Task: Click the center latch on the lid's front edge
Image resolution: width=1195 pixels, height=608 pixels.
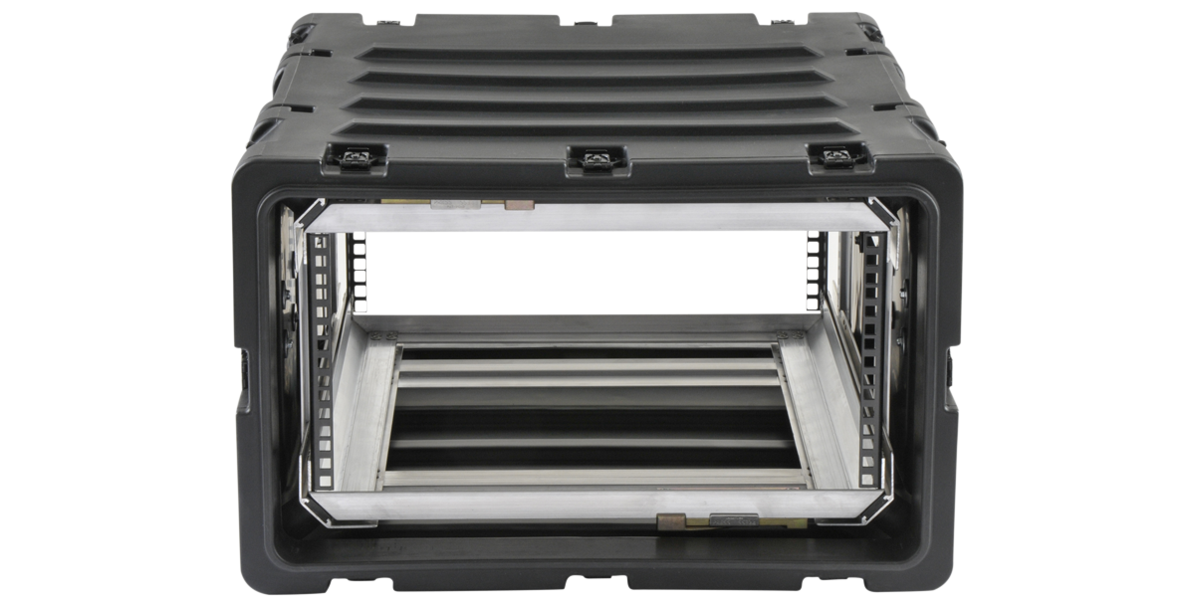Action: [x=597, y=158]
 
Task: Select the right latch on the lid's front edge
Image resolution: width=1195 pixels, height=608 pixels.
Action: [x=834, y=156]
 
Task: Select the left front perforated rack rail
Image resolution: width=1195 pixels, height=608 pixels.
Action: [x=323, y=358]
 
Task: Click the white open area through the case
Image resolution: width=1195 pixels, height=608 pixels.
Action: [x=588, y=274]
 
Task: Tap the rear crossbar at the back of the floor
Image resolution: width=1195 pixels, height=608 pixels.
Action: [x=588, y=326]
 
